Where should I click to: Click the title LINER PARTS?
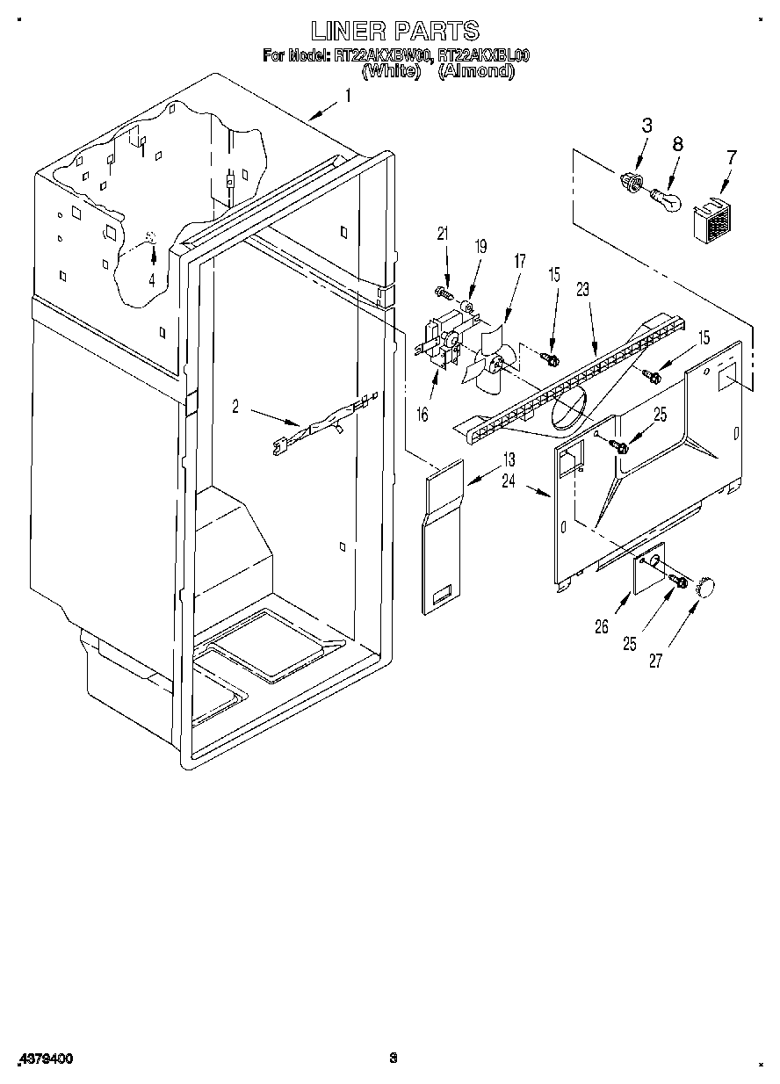tap(395, 32)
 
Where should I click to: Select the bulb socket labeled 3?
tap(629, 181)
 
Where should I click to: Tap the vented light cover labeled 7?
tap(712, 220)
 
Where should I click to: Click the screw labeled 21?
tap(441, 290)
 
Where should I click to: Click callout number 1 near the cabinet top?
tap(348, 97)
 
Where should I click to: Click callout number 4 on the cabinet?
tap(152, 281)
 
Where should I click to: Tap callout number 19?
tap(480, 248)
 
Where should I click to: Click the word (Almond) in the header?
tap(476, 71)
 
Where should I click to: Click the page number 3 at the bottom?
tap(394, 1059)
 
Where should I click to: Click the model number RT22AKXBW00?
tap(383, 55)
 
